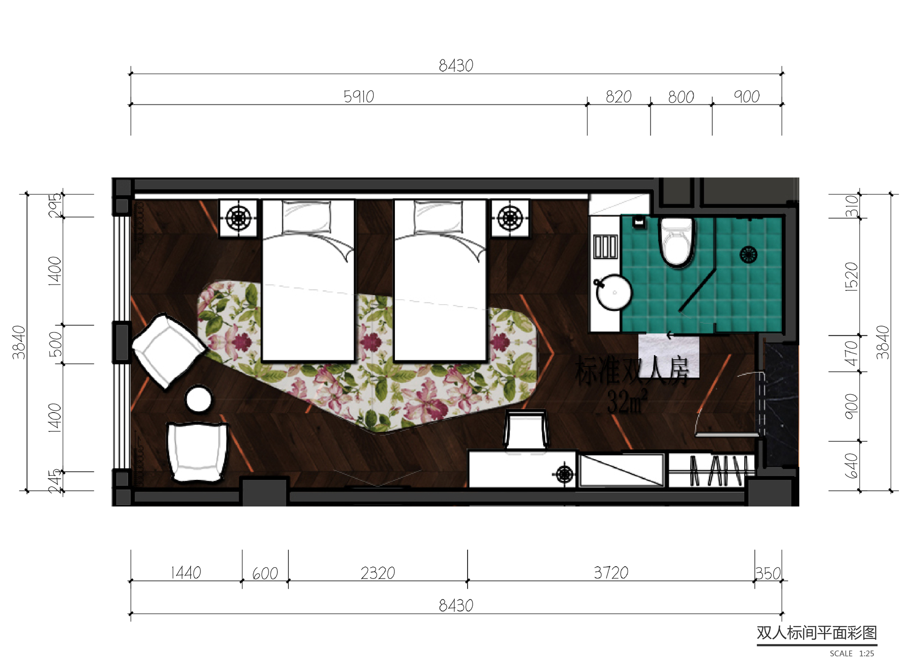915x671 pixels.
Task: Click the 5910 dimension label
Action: [x=359, y=97]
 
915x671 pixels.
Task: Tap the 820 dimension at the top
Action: [x=618, y=97]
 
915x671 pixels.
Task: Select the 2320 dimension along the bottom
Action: [x=377, y=573]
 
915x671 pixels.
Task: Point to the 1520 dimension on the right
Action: [x=851, y=276]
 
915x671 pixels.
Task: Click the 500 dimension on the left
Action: [x=55, y=344]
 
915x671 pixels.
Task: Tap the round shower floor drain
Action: [x=748, y=254]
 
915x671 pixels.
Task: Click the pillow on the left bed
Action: [x=306, y=217]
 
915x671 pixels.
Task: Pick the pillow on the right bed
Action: [x=438, y=217]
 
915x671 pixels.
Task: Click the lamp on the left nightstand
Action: [x=238, y=218]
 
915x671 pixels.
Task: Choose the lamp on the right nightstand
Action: [x=510, y=218]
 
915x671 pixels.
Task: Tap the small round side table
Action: [x=199, y=399]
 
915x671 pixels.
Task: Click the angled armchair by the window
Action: [x=167, y=350]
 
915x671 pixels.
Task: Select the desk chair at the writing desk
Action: [x=526, y=430]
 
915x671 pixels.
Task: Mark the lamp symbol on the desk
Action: [x=565, y=474]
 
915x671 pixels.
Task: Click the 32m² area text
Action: [x=626, y=402]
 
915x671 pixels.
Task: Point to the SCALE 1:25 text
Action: [x=851, y=654]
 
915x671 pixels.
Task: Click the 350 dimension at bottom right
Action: [x=768, y=573]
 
